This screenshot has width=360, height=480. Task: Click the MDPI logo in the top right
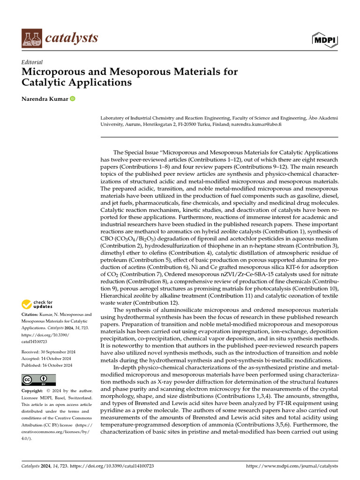point(324,40)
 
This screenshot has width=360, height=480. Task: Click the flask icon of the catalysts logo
point(31,38)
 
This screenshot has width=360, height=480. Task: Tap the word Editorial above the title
point(32,62)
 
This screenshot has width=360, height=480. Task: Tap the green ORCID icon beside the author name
point(73,99)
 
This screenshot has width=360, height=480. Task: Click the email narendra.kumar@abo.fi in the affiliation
point(256,125)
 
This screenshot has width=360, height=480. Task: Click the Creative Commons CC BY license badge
point(39,380)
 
